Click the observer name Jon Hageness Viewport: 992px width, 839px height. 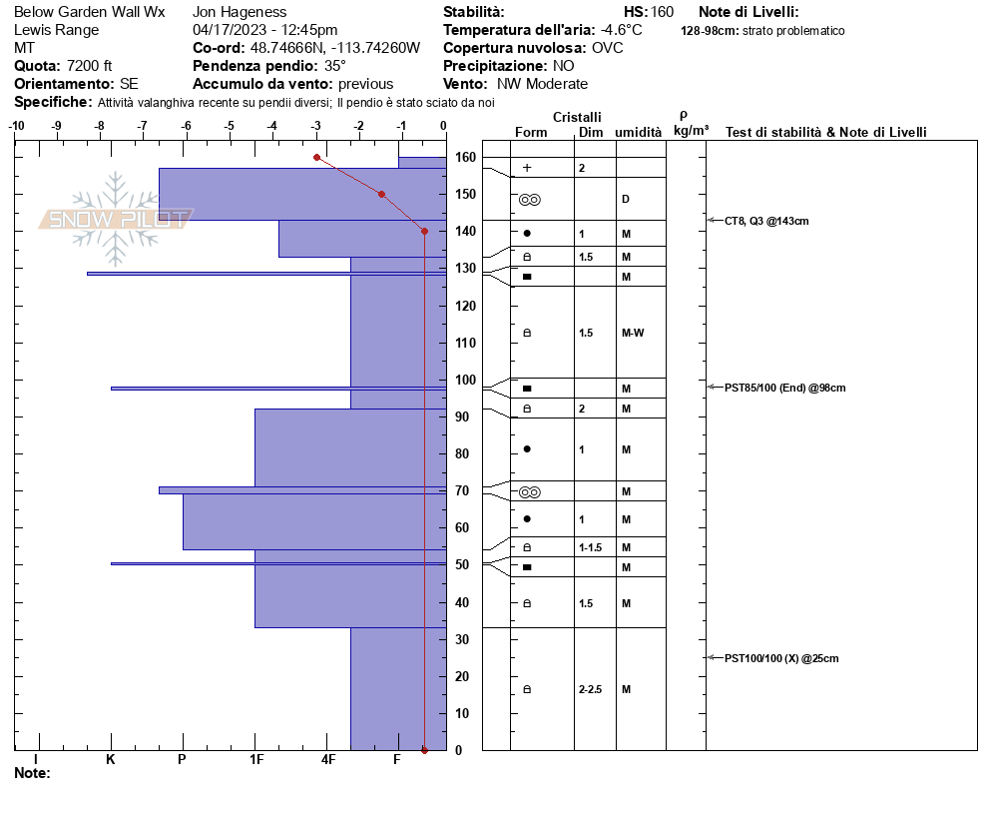(x=240, y=12)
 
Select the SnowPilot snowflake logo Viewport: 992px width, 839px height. (x=116, y=219)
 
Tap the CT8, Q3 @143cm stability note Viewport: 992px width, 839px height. (x=766, y=221)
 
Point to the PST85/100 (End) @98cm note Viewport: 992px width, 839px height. (x=784, y=388)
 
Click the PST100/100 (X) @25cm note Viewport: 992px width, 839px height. (x=781, y=658)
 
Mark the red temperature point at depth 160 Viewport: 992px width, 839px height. (x=316, y=157)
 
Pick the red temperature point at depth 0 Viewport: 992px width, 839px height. (x=424, y=750)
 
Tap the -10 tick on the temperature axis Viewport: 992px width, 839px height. (x=16, y=126)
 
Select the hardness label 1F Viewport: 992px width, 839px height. (x=256, y=760)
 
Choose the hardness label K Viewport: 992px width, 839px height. (x=111, y=760)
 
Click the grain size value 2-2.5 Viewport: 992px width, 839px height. (x=591, y=689)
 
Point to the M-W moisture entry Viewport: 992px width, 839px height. (x=632, y=333)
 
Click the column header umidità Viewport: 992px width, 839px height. (x=639, y=132)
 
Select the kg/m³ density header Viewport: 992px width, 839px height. (x=691, y=131)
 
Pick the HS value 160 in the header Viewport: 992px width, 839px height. (x=662, y=12)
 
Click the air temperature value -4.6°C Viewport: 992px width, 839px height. (x=622, y=30)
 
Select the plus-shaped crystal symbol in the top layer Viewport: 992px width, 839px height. (x=527, y=168)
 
